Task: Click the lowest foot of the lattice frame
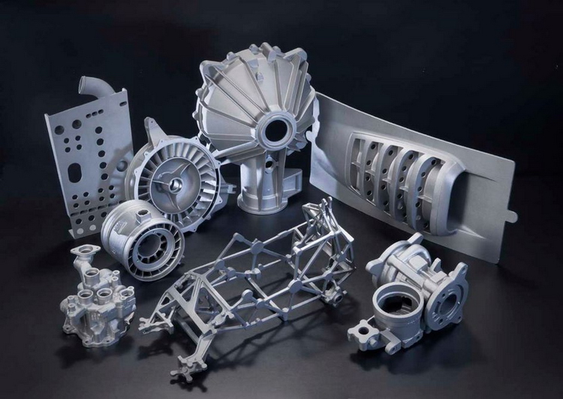point(183,371)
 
